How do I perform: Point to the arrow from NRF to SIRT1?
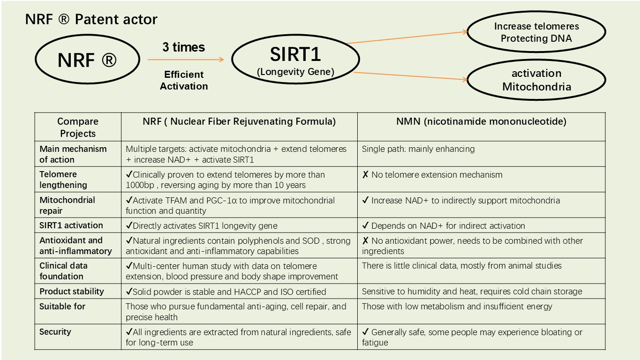coord(186,60)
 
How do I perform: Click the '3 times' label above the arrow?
coord(184,47)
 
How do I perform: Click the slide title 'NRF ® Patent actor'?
coord(91,19)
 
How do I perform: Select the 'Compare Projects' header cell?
coord(78,127)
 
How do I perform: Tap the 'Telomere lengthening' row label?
coord(63,180)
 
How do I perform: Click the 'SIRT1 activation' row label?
coord(71,225)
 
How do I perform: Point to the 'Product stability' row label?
coord(72,292)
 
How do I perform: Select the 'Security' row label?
coord(55,332)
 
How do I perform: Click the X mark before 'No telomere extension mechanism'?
coord(365,174)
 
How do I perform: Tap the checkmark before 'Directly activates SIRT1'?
coord(129,225)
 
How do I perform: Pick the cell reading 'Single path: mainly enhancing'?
coord(481,154)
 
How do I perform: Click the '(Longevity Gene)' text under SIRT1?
coord(295,72)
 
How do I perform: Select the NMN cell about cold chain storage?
coord(481,291)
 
